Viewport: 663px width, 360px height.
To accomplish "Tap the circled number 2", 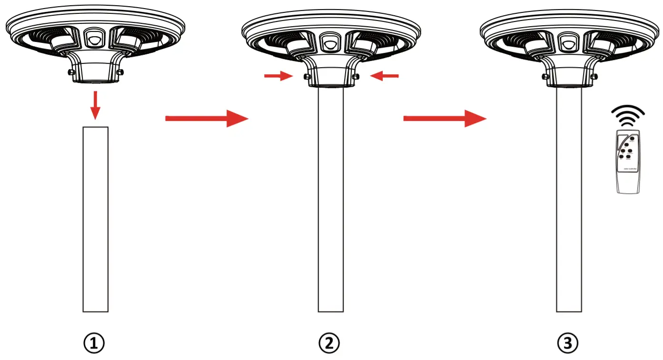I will (329, 343).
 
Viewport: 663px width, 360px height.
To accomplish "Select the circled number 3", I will (569, 343).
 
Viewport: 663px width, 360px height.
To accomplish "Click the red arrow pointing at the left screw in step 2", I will (277, 75).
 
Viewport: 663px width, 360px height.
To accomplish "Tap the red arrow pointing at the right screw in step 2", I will (385, 75).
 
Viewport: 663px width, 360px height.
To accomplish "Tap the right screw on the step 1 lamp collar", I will (119, 72).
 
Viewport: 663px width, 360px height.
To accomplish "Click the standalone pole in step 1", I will (95, 219).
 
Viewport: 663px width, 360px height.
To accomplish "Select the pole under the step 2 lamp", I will (330, 200).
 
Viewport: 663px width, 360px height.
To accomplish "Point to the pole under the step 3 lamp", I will (569, 200).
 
